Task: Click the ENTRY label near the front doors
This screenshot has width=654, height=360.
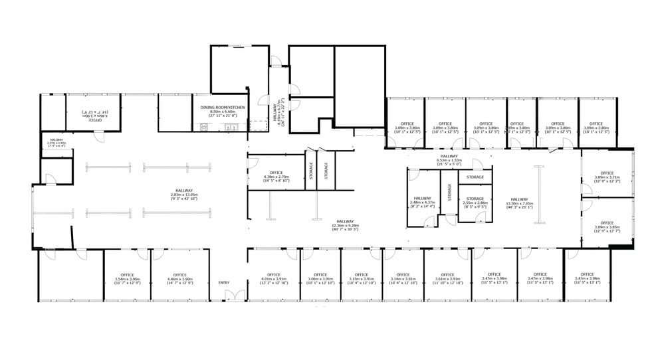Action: [223, 283]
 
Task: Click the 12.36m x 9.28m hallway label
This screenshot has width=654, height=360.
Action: [344, 225]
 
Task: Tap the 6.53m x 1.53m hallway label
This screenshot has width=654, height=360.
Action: [449, 160]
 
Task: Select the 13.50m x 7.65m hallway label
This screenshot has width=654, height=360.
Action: [520, 203]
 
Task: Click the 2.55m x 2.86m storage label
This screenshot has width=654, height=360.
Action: [475, 203]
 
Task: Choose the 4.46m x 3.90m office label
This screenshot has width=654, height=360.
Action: [179, 278]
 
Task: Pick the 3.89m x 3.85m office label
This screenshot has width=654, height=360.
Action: [606, 226]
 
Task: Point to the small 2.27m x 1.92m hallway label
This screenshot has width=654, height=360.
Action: [55, 141]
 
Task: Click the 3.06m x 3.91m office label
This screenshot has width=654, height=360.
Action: [320, 278]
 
